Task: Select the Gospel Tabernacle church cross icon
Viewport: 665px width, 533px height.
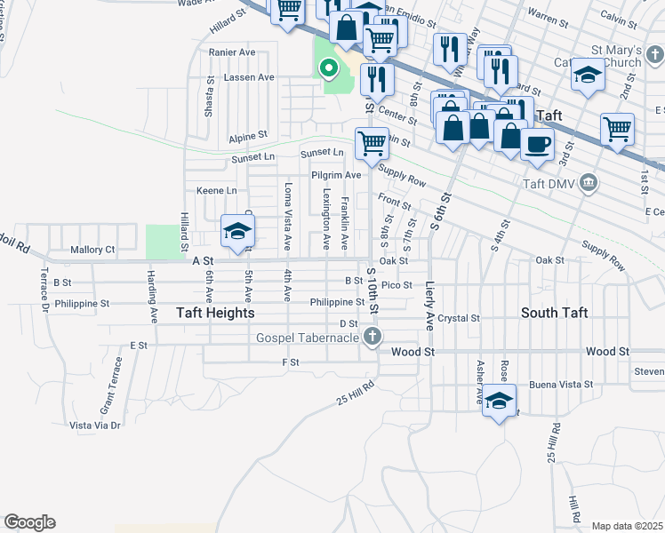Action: (373, 337)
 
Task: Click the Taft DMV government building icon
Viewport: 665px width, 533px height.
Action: (587, 184)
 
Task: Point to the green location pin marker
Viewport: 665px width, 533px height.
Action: (328, 68)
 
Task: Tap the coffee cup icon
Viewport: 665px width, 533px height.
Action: (537, 142)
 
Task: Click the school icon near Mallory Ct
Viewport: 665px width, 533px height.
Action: (237, 231)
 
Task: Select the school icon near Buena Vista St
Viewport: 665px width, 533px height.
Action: (500, 400)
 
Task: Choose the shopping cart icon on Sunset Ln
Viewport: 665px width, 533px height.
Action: (372, 142)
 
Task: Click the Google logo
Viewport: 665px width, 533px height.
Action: (29, 522)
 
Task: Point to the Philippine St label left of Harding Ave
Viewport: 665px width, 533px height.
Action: (81, 303)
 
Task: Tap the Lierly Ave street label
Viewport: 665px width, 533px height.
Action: (430, 306)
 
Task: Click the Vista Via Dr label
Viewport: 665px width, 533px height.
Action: (94, 426)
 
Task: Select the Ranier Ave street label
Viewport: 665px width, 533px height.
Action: (231, 52)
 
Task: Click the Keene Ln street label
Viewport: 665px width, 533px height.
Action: (217, 191)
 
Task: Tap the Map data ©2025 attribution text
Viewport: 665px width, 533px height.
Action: (626, 526)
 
